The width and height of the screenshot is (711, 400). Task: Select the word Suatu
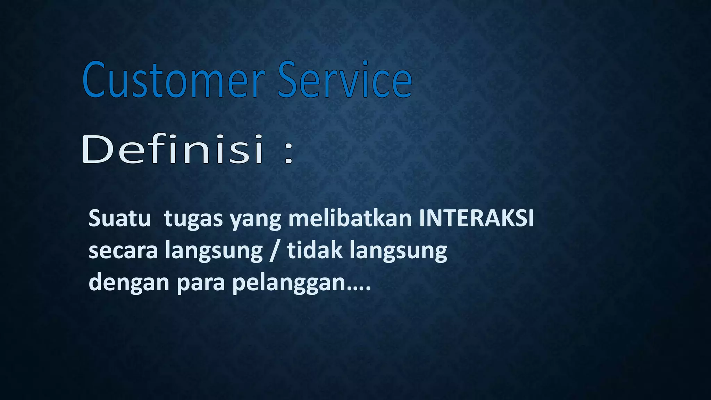pyautogui.click(x=119, y=219)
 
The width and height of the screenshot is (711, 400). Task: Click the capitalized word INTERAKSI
pyautogui.click(x=476, y=219)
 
